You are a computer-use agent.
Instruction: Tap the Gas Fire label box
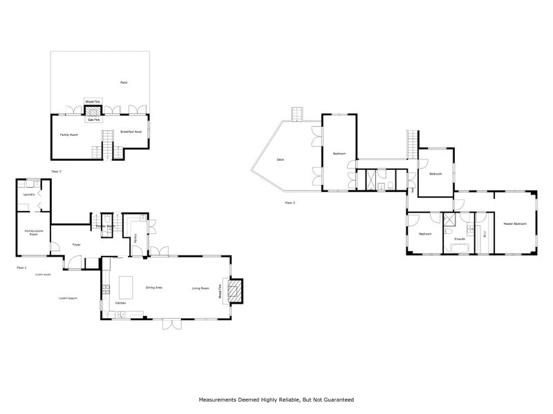pyautogui.click(x=93, y=119)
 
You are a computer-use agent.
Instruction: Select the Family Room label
pyautogui.click(x=68, y=135)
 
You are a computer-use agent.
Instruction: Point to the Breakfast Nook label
pyautogui.click(x=131, y=132)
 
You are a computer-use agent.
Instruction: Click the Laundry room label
pyautogui.click(x=29, y=195)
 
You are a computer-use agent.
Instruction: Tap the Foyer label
pyautogui.click(x=76, y=245)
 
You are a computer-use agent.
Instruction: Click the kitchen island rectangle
pyautogui.click(x=126, y=284)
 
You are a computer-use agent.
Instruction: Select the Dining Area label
pyautogui.click(x=153, y=287)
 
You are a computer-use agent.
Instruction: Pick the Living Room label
pyautogui.click(x=200, y=288)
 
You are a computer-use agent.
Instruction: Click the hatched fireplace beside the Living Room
pyautogui.click(x=236, y=290)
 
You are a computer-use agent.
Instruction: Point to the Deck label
pyautogui.click(x=280, y=159)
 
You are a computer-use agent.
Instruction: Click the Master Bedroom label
pyautogui.click(x=515, y=224)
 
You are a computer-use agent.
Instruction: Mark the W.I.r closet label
pyautogui.click(x=483, y=232)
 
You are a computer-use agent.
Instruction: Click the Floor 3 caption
pyautogui.click(x=290, y=203)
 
